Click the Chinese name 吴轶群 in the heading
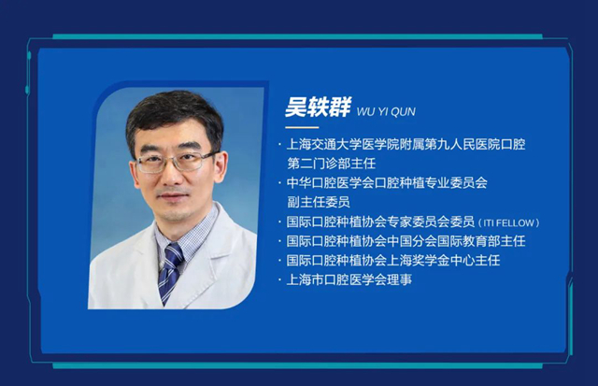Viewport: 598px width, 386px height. click(318, 107)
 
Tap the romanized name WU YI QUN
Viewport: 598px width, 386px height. click(386, 112)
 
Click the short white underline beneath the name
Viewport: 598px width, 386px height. click(302, 127)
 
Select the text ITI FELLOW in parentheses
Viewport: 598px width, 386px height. click(508, 222)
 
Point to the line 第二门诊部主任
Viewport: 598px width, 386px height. click(331, 164)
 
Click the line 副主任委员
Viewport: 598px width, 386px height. click(318, 202)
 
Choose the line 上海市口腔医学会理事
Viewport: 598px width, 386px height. click(349, 279)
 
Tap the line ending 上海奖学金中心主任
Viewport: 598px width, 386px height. click(393, 260)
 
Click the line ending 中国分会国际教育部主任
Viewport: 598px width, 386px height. click(406, 241)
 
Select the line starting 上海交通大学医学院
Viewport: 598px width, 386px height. click(406, 144)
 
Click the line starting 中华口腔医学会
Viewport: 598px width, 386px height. click(387, 182)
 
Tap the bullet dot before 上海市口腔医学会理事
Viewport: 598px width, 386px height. click(279, 280)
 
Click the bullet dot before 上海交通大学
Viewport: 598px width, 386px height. click(279, 145)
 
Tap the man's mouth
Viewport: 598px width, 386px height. click(172, 196)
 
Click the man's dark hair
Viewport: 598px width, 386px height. click(174, 114)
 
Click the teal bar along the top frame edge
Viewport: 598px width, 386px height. click(297, 37)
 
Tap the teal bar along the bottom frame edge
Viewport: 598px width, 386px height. click(297, 365)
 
